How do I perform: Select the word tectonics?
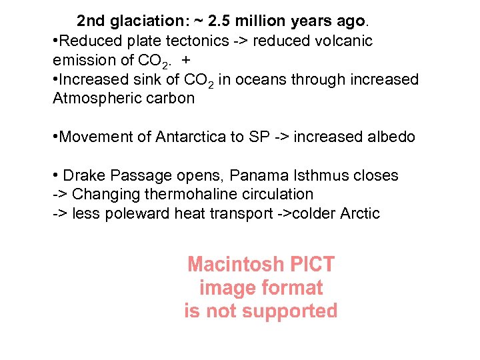(191, 41)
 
